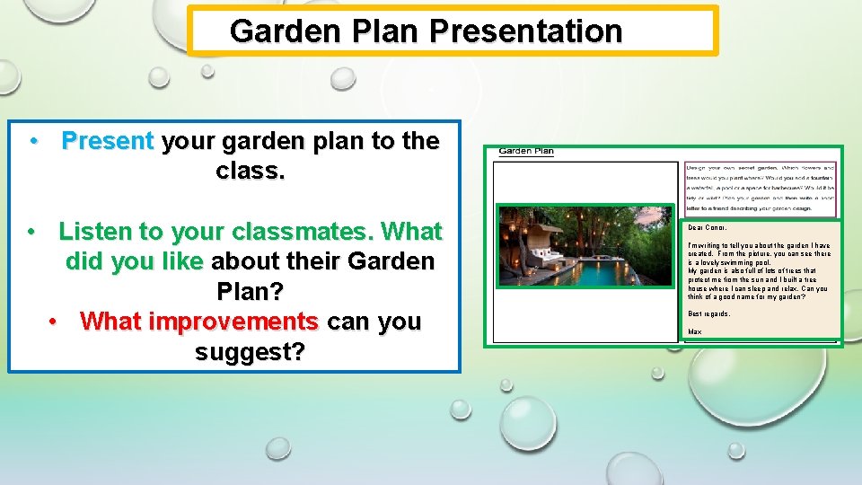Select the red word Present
108,141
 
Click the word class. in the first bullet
251,171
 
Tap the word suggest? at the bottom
250,352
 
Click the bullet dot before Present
32,141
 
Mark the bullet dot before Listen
32,232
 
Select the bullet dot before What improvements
56,322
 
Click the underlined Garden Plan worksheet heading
526,152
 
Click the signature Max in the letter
694,332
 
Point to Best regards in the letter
708,313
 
